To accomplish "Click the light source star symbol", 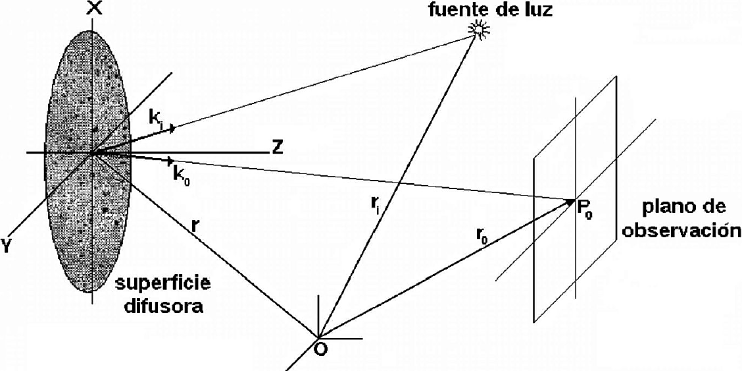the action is tap(478, 28).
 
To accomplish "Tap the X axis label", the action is tap(95, 8).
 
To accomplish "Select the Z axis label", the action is tap(278, 148).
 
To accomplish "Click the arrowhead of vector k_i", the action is tap(172, 128).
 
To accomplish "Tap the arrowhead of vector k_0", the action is tap(170, 161).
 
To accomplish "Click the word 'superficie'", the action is tap(164, 284).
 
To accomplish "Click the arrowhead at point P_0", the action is tap(571, 202).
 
